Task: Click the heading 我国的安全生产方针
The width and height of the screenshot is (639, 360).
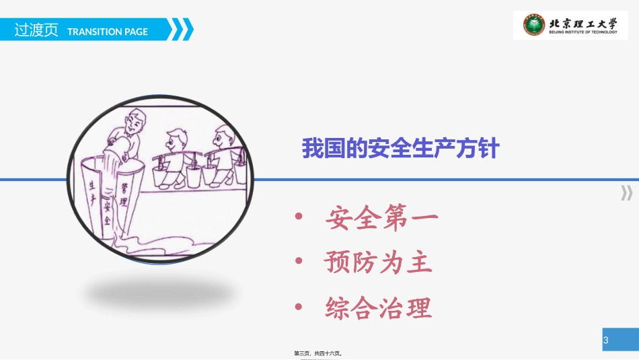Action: pos(400,148)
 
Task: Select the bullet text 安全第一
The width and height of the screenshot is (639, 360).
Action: pos(382,218)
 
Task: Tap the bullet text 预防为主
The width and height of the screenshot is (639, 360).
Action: pos(378,262)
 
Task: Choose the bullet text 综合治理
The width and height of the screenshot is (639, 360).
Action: pos(378,308)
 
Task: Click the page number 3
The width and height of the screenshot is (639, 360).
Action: pos(605,340)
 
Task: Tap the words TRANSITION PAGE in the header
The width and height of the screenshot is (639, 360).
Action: pos(108,32)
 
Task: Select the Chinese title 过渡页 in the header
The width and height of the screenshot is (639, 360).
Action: pos(36,31)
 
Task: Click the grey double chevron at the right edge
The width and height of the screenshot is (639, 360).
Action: pos(626,193)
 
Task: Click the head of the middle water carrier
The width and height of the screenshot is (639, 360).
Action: pos(177,141)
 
